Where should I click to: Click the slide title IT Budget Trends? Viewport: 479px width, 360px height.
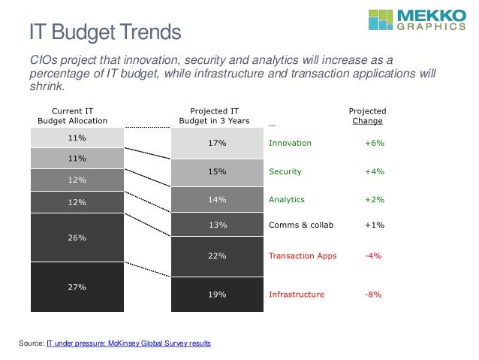(105, 33)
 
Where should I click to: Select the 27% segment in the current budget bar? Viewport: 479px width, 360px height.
(77, 286)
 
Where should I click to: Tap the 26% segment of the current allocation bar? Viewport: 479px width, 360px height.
(77, 237)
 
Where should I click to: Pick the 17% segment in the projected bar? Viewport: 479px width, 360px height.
(217, 143)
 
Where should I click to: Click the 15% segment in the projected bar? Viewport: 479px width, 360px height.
(217, 172)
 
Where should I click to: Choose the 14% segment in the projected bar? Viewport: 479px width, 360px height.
(217, 200)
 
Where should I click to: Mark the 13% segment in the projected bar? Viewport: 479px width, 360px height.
(217, 225)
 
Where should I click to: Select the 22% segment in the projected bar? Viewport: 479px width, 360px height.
(217, 256)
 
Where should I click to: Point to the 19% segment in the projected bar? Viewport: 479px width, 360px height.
(217, 295)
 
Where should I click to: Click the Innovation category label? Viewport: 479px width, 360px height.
(290, 143)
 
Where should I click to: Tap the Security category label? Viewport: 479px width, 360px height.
(285, 171)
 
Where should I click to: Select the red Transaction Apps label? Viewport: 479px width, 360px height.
(303, 256)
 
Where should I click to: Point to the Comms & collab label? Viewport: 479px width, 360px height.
(300, 225)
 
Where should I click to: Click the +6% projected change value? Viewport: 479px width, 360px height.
(374, 143)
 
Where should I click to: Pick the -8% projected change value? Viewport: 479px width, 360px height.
(373, 295)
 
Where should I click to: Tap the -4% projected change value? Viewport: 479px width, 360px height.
(373, 256)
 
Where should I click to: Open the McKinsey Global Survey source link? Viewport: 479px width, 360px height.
(128, 343)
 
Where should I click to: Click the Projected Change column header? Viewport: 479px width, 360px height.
(367, 116)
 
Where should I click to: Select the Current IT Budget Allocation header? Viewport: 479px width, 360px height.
(73, 116)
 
